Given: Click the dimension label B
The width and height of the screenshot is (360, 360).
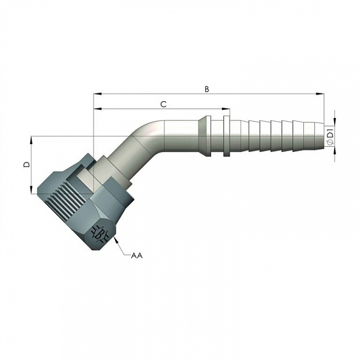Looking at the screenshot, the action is coord(206,89).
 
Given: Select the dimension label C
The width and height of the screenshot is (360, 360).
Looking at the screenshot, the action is coord(163,105).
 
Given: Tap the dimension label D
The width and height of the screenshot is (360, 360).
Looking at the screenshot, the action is coord(27,165).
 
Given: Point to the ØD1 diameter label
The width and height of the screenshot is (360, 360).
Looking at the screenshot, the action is coord(330,138).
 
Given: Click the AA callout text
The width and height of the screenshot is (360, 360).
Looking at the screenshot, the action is coord(137,255).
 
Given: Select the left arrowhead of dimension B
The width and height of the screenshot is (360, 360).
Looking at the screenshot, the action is coord(97,94).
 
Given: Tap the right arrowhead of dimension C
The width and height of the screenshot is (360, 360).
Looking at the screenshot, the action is coord(226,109).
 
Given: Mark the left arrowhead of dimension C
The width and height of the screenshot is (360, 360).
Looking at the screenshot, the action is coord(97,109).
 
